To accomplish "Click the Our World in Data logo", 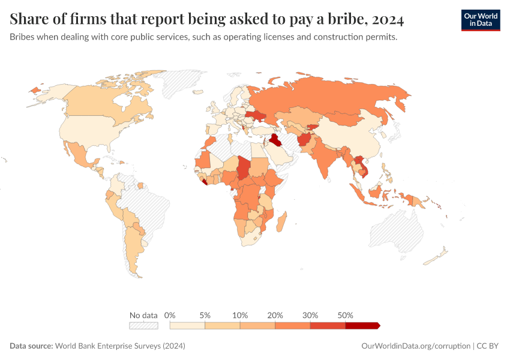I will point(480,20).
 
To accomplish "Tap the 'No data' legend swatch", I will point(143,326).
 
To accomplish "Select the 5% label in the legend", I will point(205,315).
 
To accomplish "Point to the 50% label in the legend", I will point(346,315).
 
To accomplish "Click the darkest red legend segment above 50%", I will point(362,326).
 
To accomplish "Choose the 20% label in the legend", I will point(275,315).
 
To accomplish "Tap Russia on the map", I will point(336,99).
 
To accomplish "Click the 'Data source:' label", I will point(31,346).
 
